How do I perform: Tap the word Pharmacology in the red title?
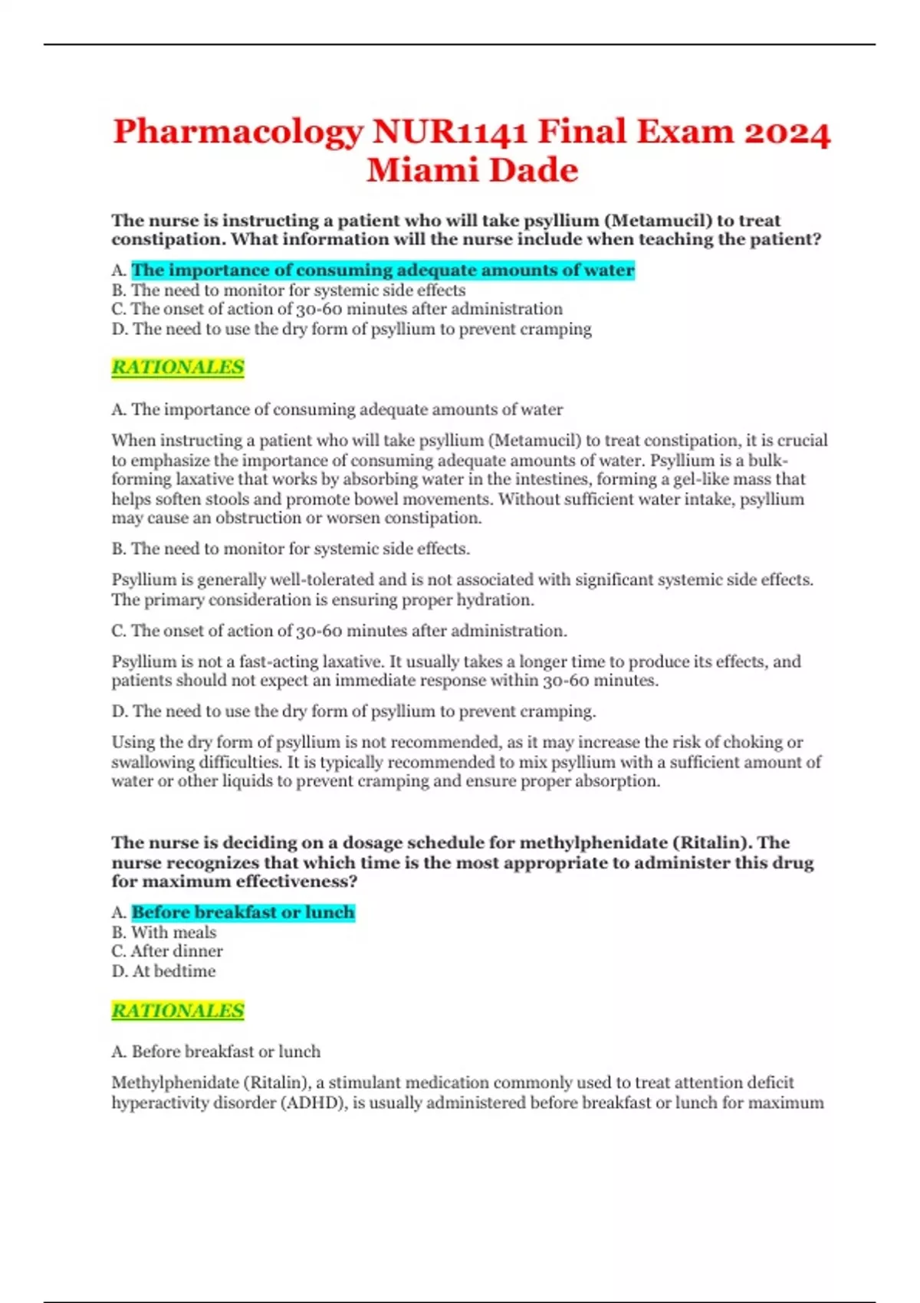238,133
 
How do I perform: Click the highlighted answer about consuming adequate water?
383,271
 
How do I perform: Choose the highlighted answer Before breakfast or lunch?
243,913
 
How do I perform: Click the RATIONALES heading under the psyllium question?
178,368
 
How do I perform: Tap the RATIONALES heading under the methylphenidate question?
178,1011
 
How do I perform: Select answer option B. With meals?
164,933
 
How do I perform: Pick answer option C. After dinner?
167,952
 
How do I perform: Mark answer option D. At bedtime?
163,972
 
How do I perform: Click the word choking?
754,743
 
